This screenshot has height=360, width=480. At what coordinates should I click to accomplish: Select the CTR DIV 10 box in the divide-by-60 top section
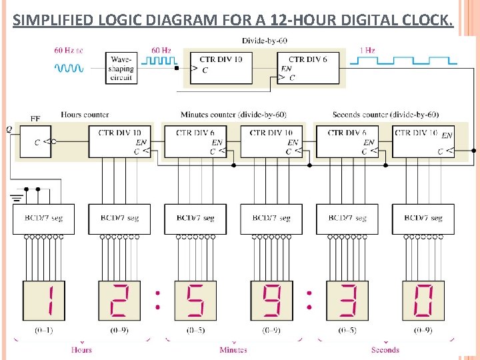click(221, 67)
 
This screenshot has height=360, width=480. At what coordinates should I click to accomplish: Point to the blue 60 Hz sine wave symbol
click(69, 68)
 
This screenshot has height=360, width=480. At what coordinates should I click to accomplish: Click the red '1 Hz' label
click(367, 50)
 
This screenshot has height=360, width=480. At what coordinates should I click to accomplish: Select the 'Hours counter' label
click(85, 115)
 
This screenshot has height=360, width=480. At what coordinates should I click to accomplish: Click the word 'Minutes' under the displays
click(233, 349)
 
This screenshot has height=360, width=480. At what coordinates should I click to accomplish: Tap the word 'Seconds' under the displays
click(385, 349)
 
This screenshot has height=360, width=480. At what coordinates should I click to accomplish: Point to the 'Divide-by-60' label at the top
click(265, 41)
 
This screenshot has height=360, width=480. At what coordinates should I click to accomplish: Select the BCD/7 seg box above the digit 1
click(44, 219)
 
